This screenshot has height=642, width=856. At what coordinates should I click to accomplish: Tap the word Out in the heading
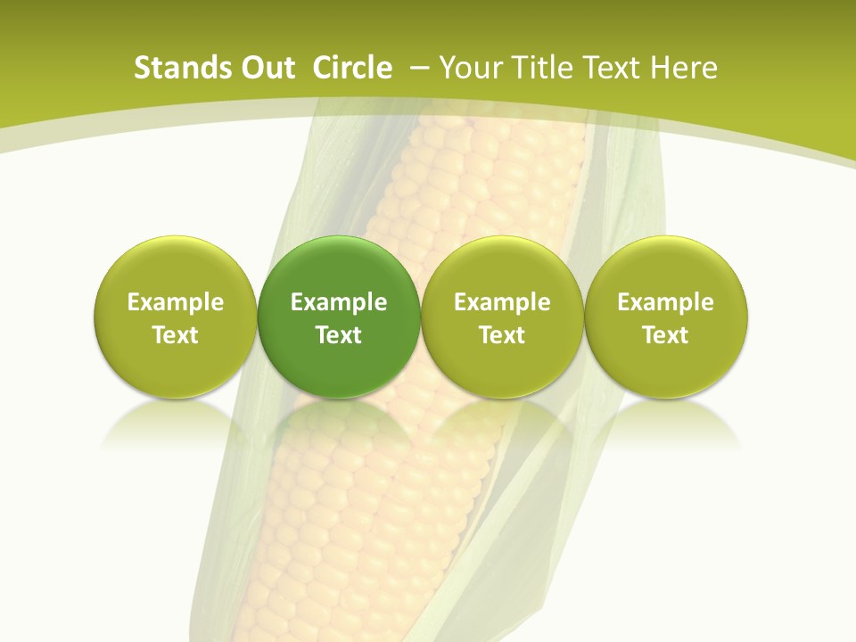267,68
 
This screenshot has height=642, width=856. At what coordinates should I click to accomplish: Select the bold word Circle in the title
352,68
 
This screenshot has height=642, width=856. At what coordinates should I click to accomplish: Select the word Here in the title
683,68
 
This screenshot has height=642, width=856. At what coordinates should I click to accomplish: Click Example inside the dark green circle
339,302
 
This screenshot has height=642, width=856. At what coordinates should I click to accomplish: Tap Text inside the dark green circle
339,335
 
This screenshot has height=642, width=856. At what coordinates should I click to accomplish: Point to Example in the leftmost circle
176,302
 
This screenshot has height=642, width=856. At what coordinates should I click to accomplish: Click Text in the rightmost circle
666,335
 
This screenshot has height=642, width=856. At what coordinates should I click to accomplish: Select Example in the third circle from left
502,302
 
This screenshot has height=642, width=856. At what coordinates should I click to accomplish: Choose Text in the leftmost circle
176,335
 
